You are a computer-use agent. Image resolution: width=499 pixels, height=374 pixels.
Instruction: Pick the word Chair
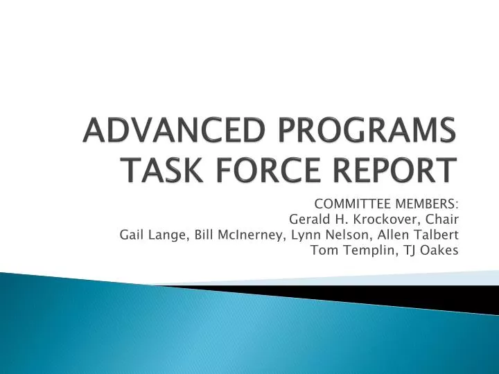pos(440,219)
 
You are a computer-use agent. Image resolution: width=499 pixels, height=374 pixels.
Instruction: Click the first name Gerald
pos(307,219)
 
